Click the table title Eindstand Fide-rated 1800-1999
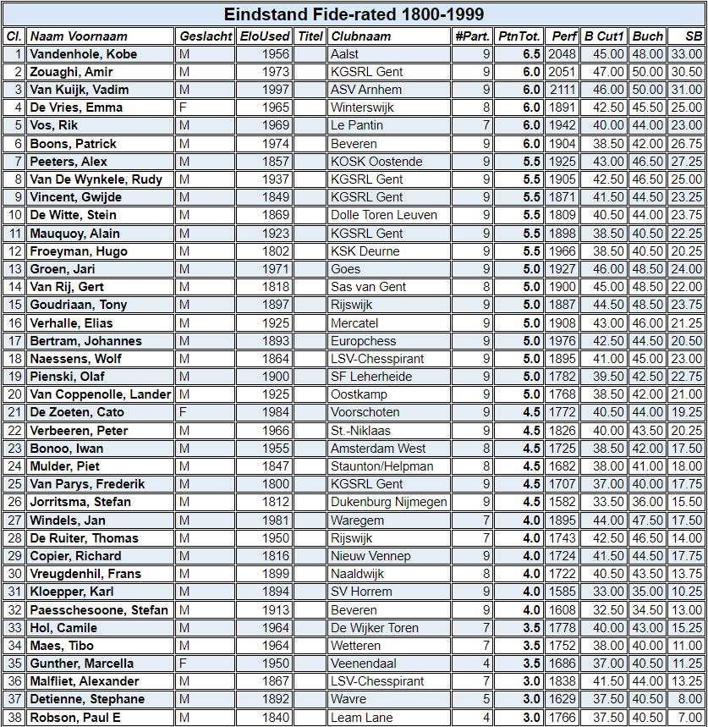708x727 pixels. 354,14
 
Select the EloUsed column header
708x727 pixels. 264,36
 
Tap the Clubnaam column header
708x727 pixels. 361,36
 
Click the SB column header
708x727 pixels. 694,36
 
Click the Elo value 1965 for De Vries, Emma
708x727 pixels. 276,107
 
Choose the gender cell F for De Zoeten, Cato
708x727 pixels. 184,412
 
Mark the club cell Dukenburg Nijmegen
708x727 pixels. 389,502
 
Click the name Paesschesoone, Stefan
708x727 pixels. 99,610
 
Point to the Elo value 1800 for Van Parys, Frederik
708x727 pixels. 276,484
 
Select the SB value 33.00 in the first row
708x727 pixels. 687,54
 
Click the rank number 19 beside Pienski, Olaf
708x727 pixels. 15,377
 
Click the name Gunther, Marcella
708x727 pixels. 81,664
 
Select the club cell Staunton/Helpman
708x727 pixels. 381,466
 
